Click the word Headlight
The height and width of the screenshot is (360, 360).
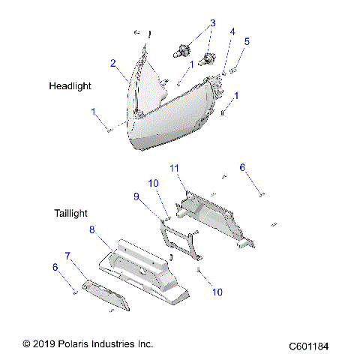click(x=70, y=86)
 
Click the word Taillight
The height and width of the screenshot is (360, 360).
click(x=73, y=213)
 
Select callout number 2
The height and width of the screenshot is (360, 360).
click(x=113, y=64)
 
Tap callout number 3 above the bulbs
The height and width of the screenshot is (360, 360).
click(x=212, y=23)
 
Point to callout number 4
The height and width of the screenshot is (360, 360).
click(x=232, y=31)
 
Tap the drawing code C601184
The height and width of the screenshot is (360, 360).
click(x=314, y=347)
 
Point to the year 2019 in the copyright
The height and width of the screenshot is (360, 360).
click(x=47, y=343)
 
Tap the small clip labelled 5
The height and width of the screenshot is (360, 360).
click(x=234, y=68)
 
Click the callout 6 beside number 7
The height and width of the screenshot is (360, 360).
click(x=55, y=266)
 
